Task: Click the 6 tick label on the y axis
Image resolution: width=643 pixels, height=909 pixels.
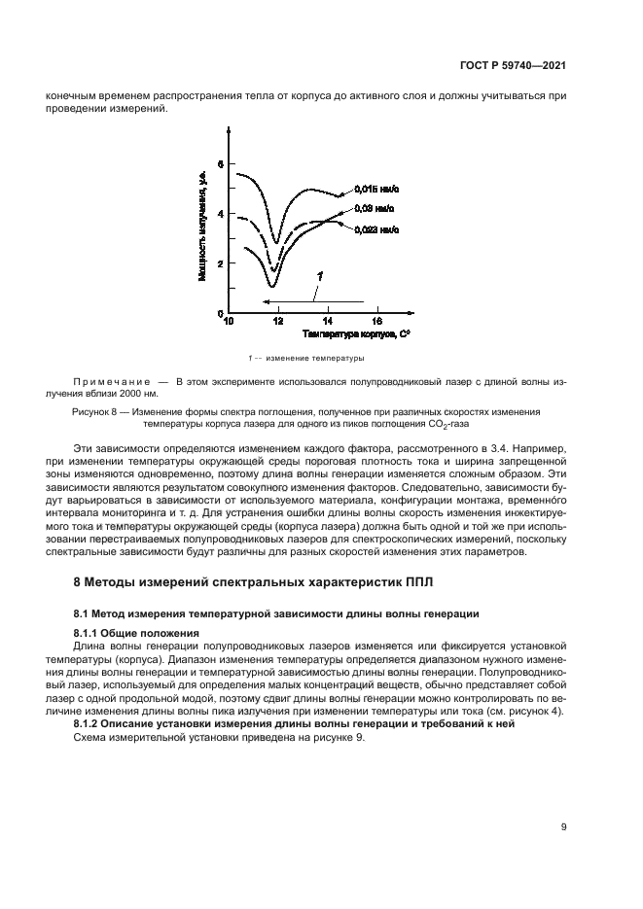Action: [220, 164]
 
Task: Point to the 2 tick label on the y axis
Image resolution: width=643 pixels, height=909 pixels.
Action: [220, 263]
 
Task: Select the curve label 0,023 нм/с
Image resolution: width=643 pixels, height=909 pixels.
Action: [375, 229]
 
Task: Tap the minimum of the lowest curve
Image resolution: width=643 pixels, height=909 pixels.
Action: [271, 285]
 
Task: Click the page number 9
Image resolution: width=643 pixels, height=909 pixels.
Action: [563, 827]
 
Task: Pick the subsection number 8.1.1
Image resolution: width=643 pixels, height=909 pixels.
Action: [90, 633]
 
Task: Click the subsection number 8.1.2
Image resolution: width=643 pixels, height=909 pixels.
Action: [90, 725]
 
